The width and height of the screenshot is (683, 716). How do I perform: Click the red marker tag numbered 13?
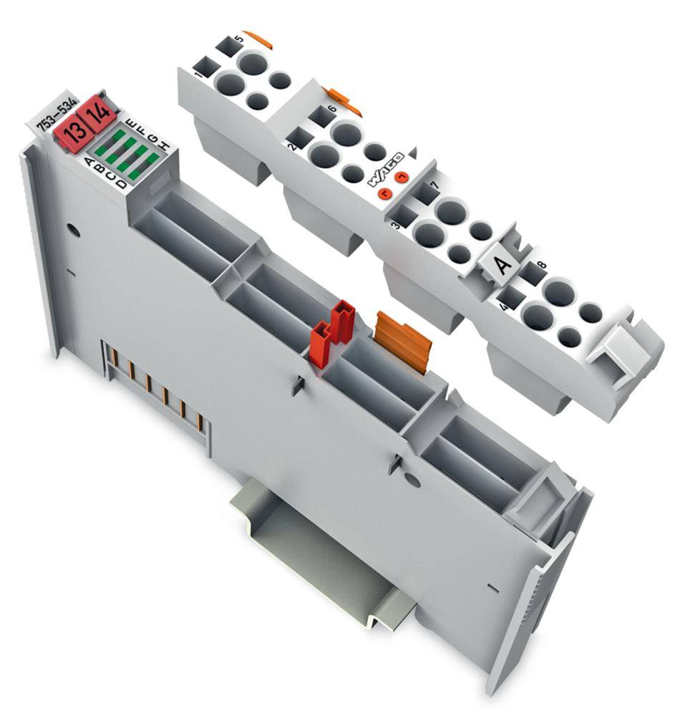[x=72, y=131]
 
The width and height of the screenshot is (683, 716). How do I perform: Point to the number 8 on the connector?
[x=541, y=266]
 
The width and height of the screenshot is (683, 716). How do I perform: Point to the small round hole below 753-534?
[x=71, y=231]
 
